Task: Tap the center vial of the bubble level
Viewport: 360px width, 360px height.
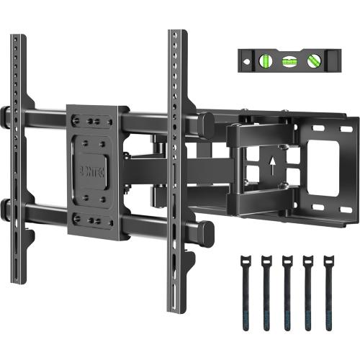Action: [290, 62]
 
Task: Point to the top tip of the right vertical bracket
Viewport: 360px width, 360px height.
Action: [174, 33]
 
